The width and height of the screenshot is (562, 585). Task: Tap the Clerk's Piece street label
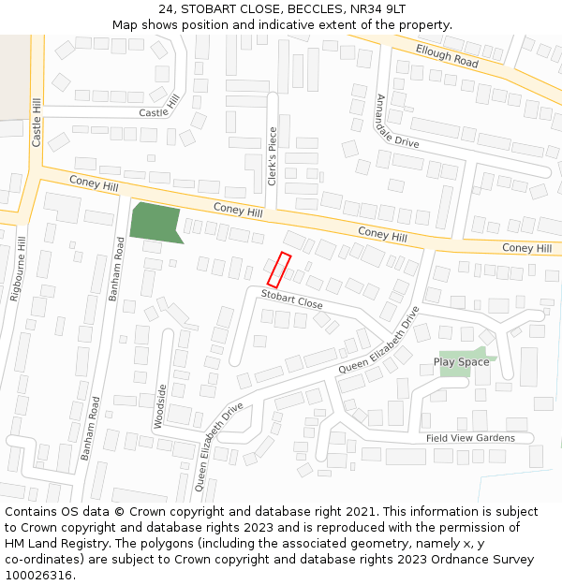click(x=273, y=156)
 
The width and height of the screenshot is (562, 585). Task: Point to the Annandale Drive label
click(x=396, y=122)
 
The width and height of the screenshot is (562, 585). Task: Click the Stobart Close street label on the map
click(x=291, y=300)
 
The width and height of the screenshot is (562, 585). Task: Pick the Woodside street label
click(x=160, y=406)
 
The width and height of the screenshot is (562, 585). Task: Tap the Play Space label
click(x=461, y=362)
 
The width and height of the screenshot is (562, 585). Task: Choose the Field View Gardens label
click(x=470, y=438)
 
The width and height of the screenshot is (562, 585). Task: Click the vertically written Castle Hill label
click(x=37, y=123)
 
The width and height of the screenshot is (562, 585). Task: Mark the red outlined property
click(x=279, y=270)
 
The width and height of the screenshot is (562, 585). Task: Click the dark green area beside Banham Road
click(x=155, y=222)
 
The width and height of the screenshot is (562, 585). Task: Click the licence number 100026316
click(x=38, y=576)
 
